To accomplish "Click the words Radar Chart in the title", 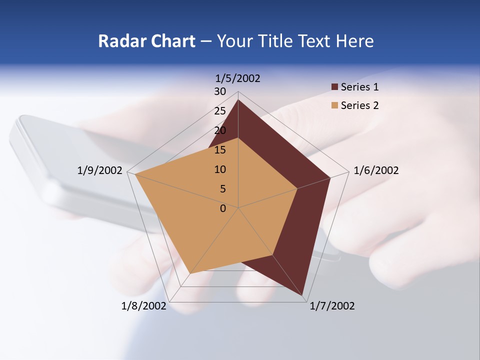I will (x=146, y=41).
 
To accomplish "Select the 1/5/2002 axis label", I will (x=238, y=78).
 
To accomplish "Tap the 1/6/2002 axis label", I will (x=376, y=170).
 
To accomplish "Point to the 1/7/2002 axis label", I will (x=332, y=306).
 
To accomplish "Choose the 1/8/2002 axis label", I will (x=144, y=306).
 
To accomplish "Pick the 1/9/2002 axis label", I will (x=100, y=170).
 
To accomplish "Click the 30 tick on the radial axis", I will (x=220, y=91).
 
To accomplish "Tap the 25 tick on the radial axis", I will (x=220, y=111).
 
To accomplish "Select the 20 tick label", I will (x=220, y=130).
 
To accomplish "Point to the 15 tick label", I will (x=220, y=150).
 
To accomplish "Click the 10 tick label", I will (x=220, y=169).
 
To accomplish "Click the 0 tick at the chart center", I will (x=223, y=208).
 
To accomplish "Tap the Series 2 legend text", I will (x=359, y=105).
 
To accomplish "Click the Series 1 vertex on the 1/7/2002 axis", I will (x=303, y=296).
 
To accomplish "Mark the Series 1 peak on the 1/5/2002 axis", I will (x=238, y=100).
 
